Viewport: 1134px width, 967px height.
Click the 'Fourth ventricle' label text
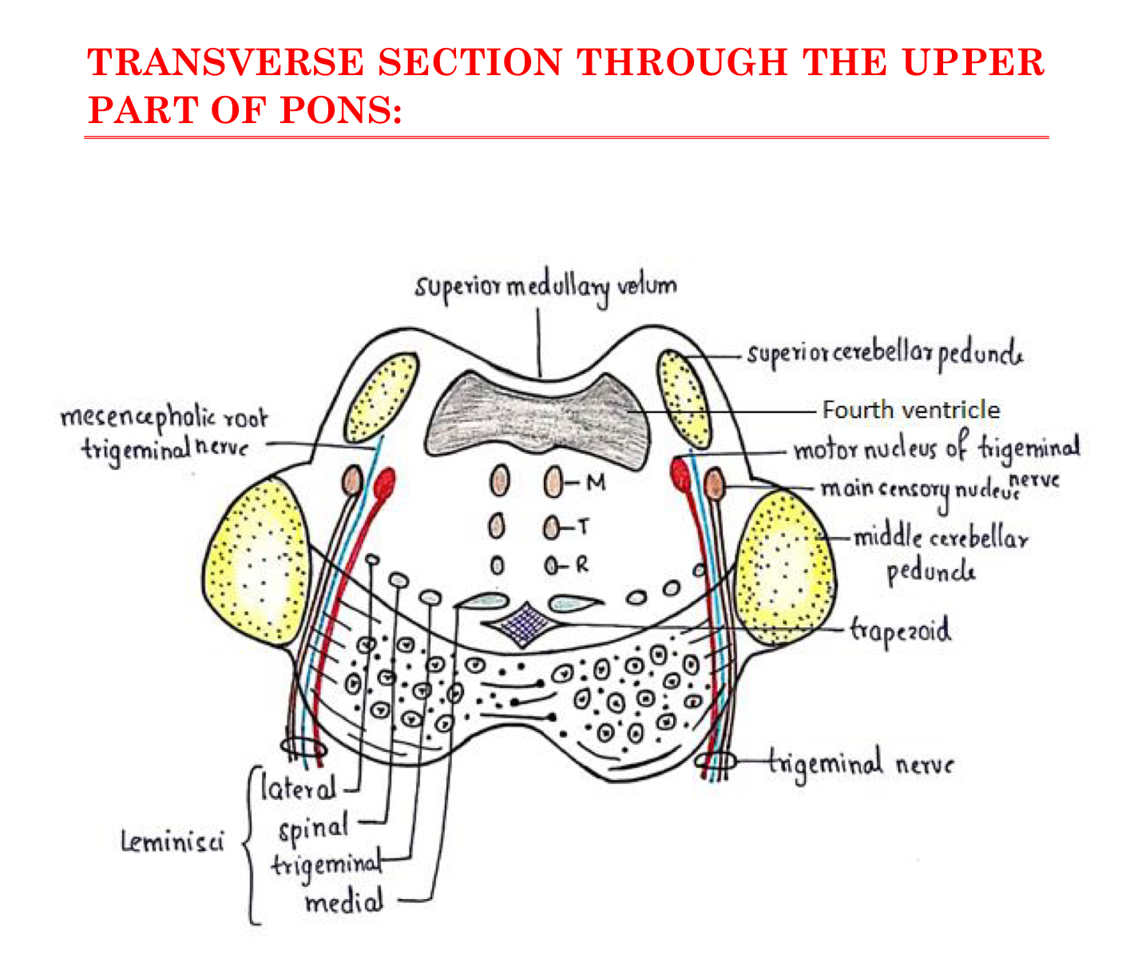pyautogui.click(x=910, y=410)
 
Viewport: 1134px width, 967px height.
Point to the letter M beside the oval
pyautogui.click(x=596, y=482)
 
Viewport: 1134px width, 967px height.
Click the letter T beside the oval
pyautogui.click(x=585, y=527)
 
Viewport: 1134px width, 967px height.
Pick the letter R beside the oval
pyautogui.click(x=582, y=565)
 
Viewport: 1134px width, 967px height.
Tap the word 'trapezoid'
pyautogui.click(x=900, y=631)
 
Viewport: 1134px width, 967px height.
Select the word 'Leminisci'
pyautogui.click(x=172, y=842)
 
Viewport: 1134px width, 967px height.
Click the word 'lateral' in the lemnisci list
pyautogui.click(x=299, y=789)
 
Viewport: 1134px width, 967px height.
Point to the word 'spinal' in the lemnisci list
pyautogui.click(x=314, y=827)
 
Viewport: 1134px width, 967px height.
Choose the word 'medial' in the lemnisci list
pyautogui.click(x=343, y=903)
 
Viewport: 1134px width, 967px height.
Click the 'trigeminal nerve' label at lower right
pyautogui.click(x=861, y=763)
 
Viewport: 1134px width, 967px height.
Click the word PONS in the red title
pyautogui.click(x=341, y=109)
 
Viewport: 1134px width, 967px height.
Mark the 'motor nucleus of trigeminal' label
pyautogui.click(x=936, y=449)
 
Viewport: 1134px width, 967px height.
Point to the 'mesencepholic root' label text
pyautogui.click(x=164, y=418)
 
